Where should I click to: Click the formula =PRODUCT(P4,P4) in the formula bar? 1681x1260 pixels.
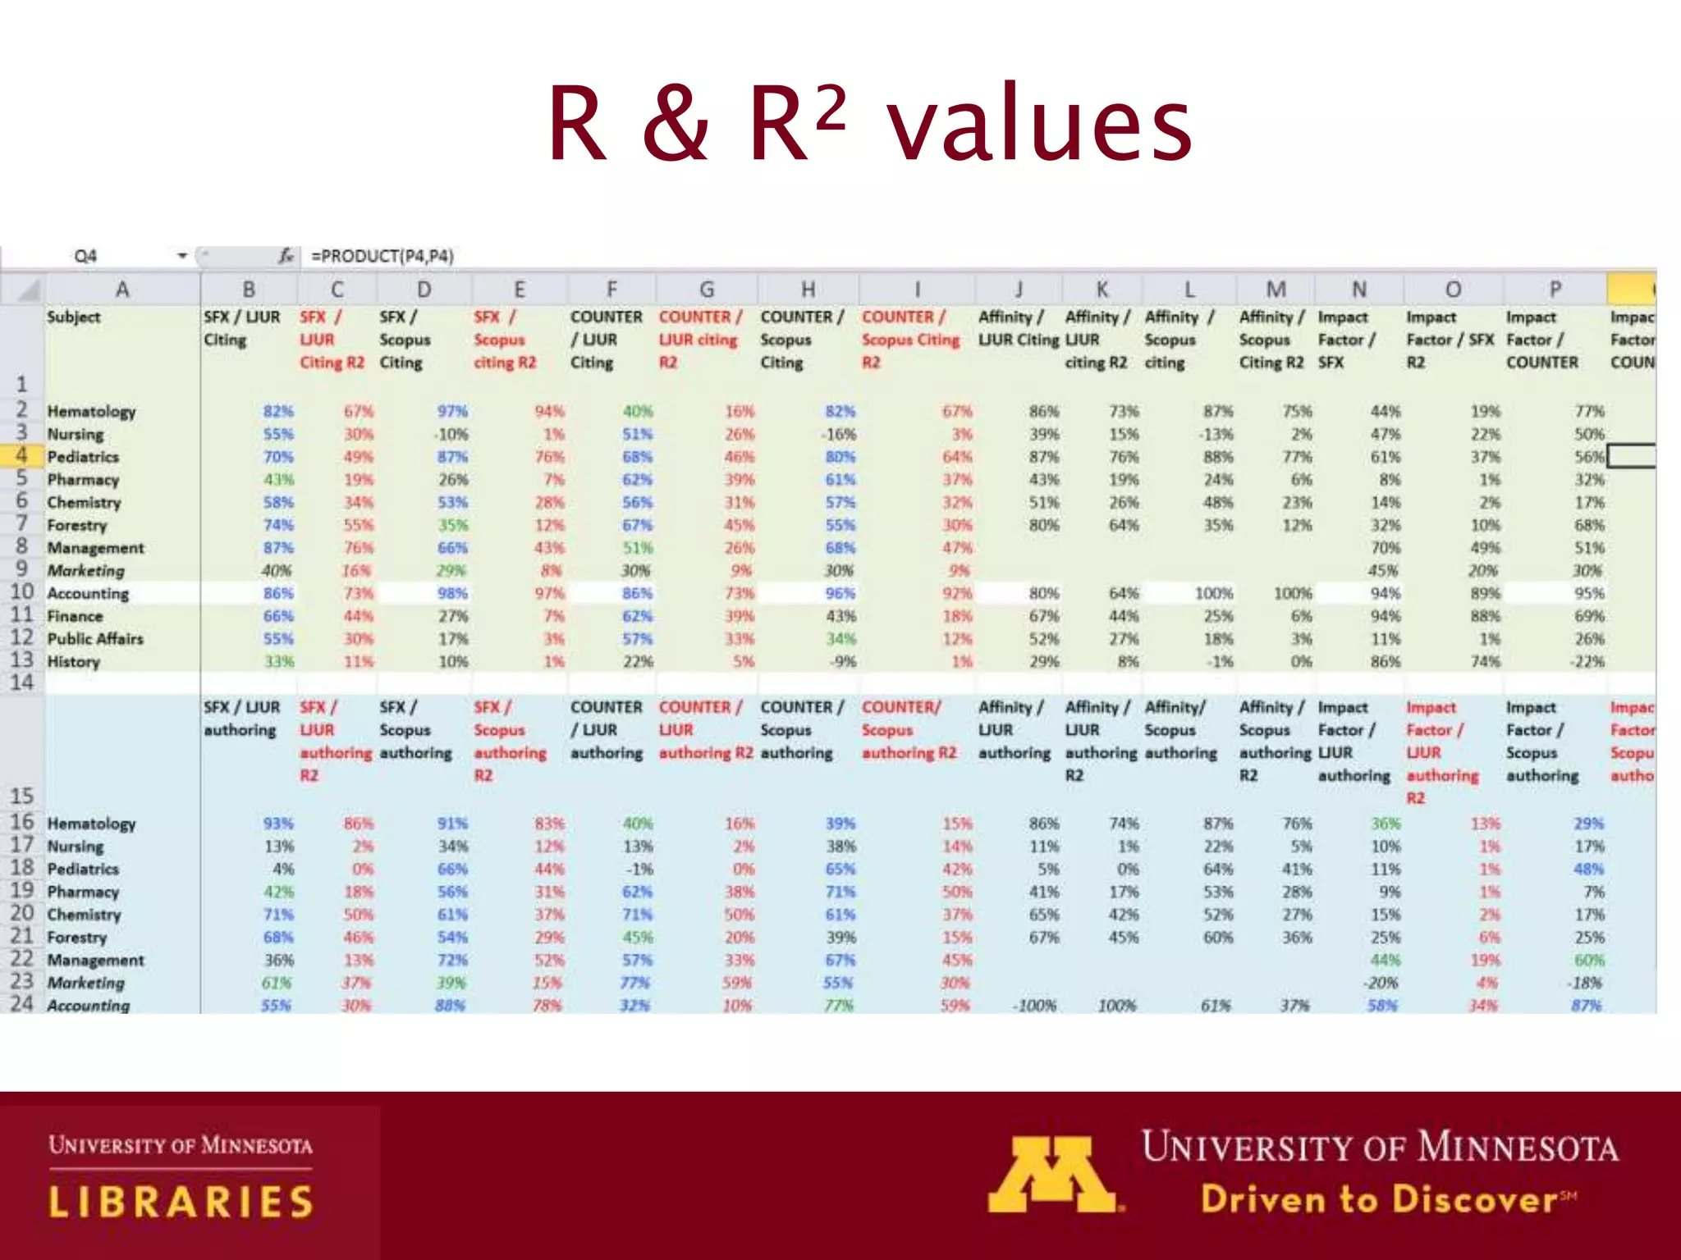[382, 256]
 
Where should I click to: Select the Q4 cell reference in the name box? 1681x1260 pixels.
[85, 256]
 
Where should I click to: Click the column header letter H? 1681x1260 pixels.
[808, 290]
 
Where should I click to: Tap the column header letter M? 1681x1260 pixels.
[1276, 290]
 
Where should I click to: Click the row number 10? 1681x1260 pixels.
[21, 592]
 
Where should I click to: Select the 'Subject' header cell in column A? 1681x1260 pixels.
[74, 317]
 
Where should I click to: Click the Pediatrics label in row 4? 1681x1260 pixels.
[83, 457]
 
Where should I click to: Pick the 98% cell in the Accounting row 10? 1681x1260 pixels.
[451, 593]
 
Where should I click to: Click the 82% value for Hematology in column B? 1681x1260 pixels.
[278, 411]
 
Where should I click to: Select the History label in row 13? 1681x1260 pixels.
[73, 661]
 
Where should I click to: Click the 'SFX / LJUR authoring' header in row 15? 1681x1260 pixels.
[242, 719]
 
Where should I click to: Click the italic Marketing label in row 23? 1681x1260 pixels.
[85, 983]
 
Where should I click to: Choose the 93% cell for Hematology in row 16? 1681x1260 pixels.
[278, 824]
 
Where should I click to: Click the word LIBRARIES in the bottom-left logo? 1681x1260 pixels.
[181, 1202]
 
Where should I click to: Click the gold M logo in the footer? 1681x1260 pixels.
[1053, 1174]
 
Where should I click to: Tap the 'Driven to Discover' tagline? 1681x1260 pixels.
[1379, 1199]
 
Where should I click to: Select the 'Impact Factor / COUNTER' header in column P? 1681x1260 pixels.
[1541, 340]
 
